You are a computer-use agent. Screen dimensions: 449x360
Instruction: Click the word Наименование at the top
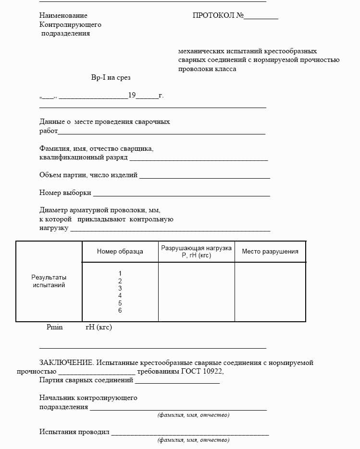[x=63, y=15]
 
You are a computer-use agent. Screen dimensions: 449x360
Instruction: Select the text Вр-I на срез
[x=111, y=77]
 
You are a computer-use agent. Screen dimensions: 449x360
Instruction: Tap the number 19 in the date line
[x=132, y=95]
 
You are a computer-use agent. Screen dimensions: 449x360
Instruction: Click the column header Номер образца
[x=120, y=251]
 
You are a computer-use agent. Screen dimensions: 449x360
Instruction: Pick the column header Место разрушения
[x=270, y=251]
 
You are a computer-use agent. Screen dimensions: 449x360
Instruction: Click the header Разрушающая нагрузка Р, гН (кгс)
[x=196, y=252]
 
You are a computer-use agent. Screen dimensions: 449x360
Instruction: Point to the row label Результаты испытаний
[x=49, y=281]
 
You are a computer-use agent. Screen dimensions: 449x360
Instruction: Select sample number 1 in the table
[x=120, y=273]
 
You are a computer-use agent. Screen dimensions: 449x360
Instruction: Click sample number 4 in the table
[x=120, y=296]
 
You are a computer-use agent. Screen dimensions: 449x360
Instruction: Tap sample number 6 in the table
[x=120, y=311]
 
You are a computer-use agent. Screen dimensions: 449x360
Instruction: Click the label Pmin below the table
[x=55, y=327]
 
